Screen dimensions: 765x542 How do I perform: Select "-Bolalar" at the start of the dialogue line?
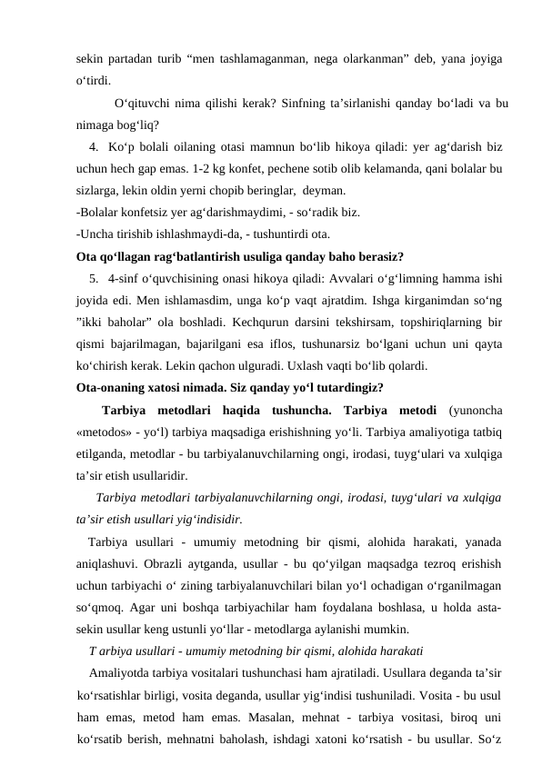(x=96, y=213)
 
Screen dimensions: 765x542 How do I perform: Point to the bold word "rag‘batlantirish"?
(x=186, y=255)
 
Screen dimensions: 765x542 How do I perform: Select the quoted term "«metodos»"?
(x=105, y=430)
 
